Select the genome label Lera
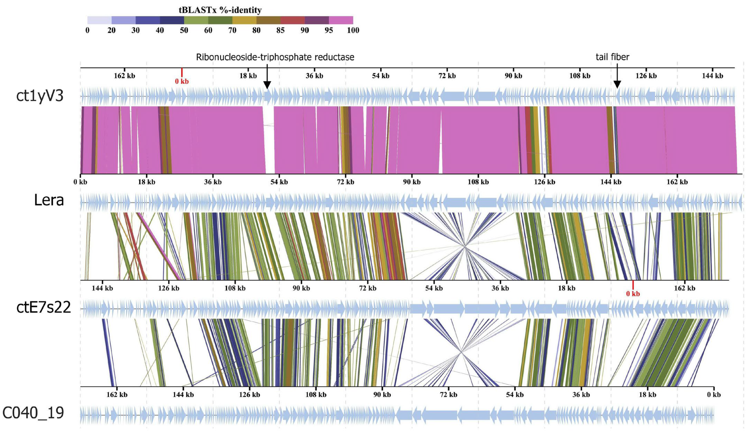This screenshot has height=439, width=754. [x=49, y=200]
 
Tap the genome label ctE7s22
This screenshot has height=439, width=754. [x=44, y=307]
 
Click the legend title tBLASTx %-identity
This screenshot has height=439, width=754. [x=220, y=10]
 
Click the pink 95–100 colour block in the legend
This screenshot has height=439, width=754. [x=341, y=20]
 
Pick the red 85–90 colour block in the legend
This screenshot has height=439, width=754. [x=292, y=20]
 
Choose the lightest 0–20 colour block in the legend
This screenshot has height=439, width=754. [x=99, y=20]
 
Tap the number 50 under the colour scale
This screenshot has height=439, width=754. [x=184, y=30]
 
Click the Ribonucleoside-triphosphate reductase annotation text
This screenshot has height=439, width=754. [x=275, y=57]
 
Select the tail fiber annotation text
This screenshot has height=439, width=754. [x=612, y=57]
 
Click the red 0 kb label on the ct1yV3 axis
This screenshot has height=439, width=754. [x=182, y=81]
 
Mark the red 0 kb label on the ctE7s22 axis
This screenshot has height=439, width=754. [x=633, y=294]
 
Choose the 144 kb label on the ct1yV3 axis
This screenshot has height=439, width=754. [x=712, y=76]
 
